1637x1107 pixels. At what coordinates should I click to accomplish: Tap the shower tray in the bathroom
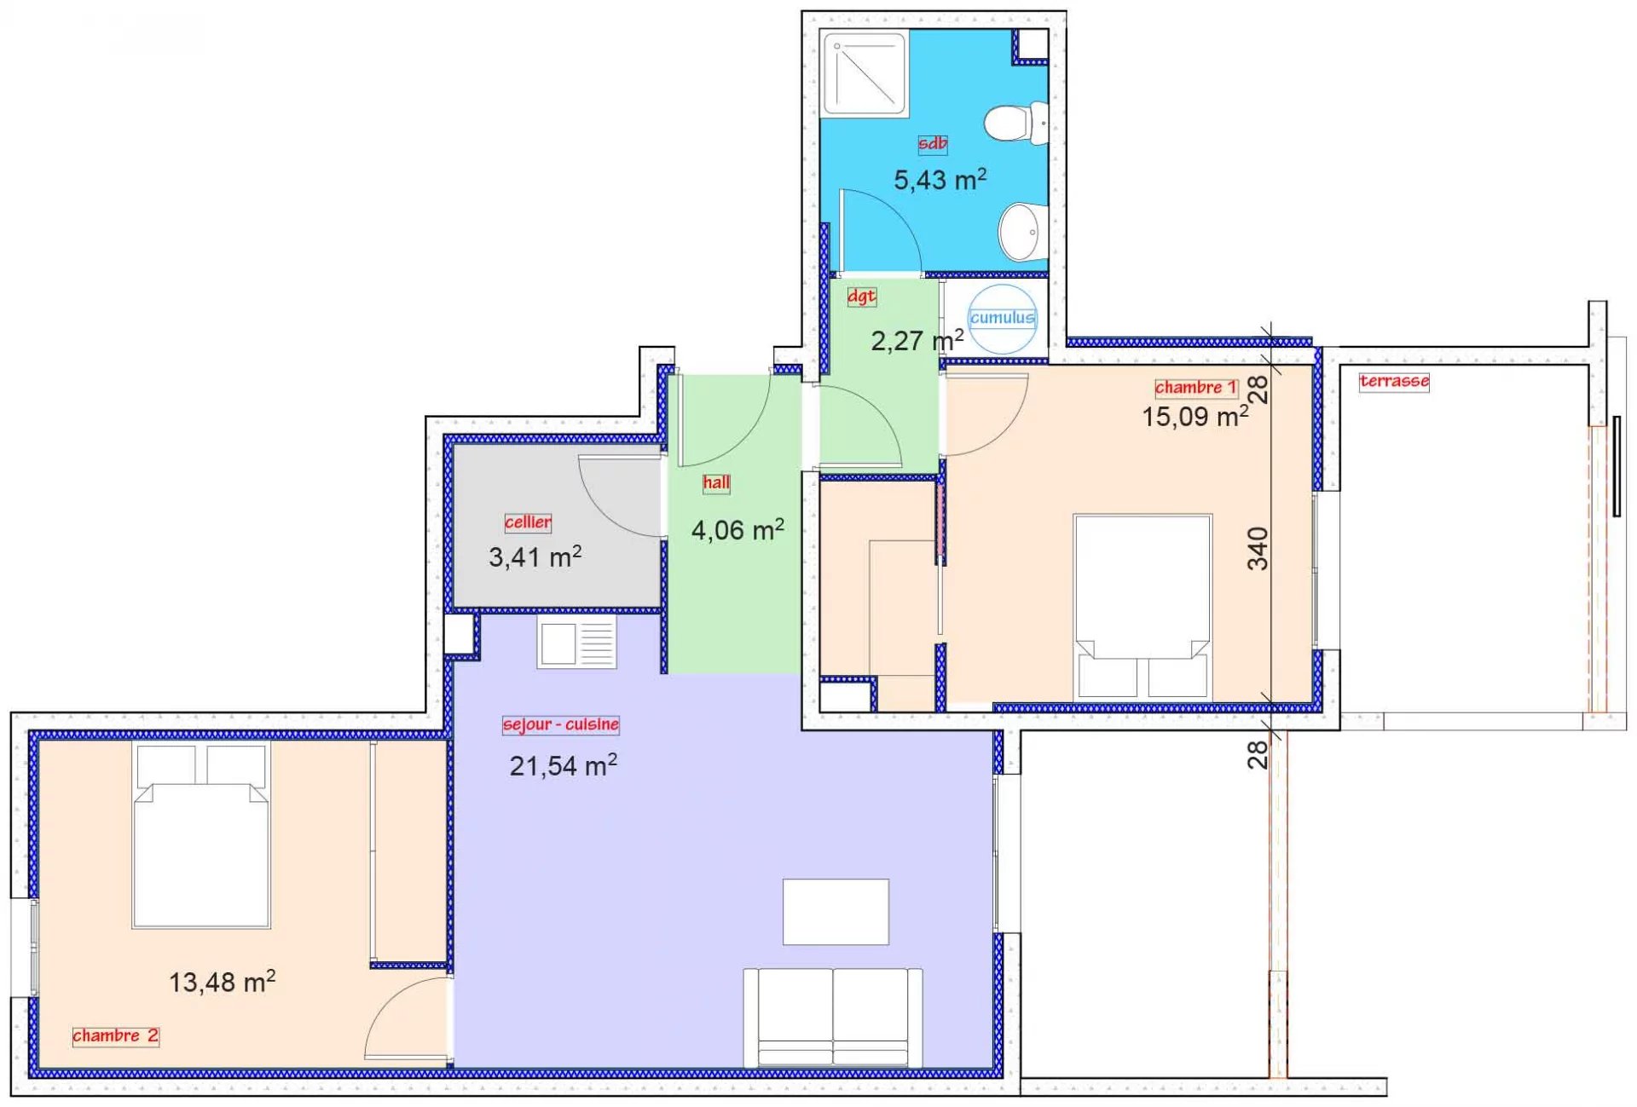pyautogui.click(x=865, y=72)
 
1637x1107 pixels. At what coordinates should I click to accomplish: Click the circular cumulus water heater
pyautogui.click(x=1003, y=319)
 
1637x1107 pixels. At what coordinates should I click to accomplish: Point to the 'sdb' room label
pyautogui.click(x=932, y=143)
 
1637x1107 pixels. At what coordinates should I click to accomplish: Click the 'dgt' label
pyautogui.click(x=861, y=296)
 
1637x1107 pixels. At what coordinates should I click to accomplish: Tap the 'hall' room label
pyautogui.click(x=716, y=482)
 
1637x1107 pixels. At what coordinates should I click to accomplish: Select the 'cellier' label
pyautogui.click(x=528, y=522)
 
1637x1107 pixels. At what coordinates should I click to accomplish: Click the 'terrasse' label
pyautogui.click(x=1394, y=381)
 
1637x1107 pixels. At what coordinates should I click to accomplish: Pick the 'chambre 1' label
pyautogui.click(x=1195, y=388)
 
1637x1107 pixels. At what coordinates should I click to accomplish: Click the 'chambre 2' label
pyautogui.click(x=115, y=1035)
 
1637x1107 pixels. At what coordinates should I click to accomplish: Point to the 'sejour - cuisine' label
pyautogui.click(x=561, y=724)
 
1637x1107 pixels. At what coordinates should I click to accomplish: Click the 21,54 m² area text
pyautogui.click(x=563, y=765)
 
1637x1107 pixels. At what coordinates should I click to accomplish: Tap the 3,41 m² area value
pyautogui.click(x=535, y=556)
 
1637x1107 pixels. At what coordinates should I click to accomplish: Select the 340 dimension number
pyautogui.click(x=1258, y=548)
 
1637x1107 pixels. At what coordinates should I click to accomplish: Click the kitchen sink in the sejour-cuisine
pyautogui.click(x=576, y=643)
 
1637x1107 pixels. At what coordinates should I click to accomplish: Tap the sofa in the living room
pyautogui.click(x=832, y=1018)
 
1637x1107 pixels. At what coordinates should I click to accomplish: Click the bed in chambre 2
pyautogui.click(x=201, y=835)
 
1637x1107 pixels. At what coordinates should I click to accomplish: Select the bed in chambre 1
pyautogui.click(x=1142, y=607)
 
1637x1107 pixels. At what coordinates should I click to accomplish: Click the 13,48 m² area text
pyautogui.click(x=222, y=982)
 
